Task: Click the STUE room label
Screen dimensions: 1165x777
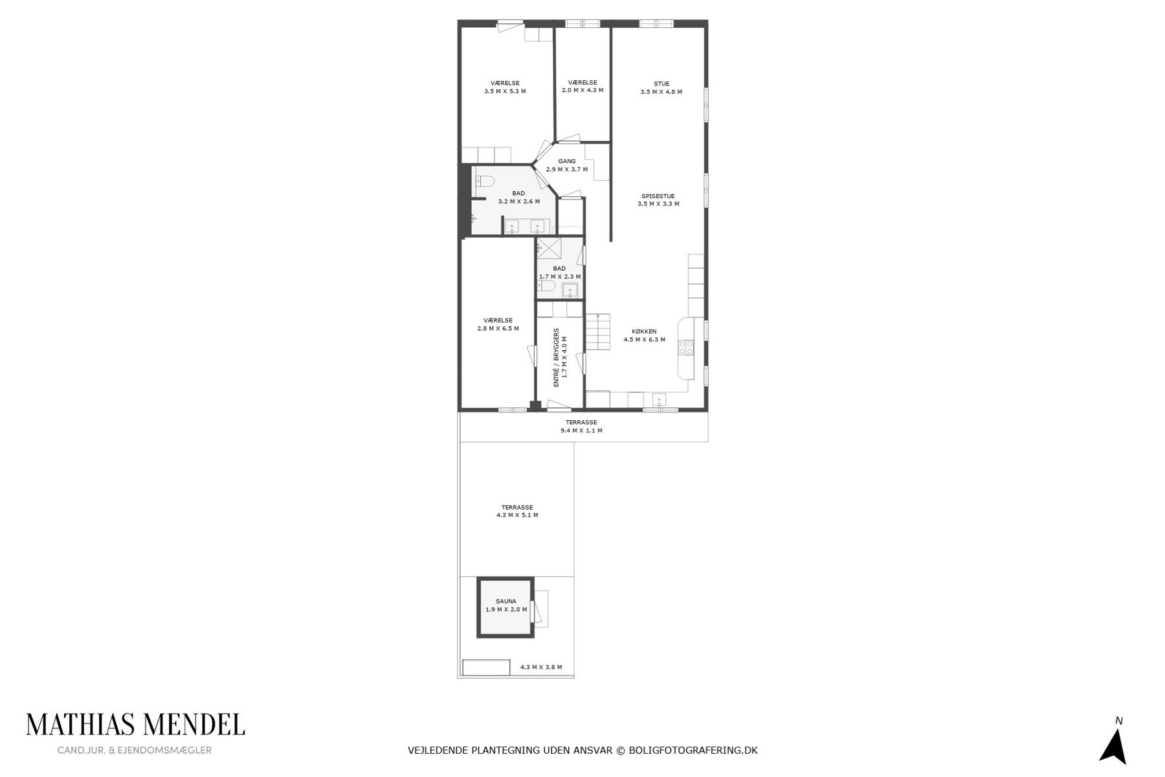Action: tap(661, 84)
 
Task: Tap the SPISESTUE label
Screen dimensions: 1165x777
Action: tap(658, 196)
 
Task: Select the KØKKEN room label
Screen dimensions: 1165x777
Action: tap(644, 332)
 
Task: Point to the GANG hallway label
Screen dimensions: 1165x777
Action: tap(567, 161)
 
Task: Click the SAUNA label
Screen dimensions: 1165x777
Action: tap(506, 602)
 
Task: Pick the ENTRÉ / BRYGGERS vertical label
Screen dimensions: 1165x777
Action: tap(556, 357)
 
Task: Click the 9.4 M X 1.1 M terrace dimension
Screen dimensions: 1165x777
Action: tap(581, 431)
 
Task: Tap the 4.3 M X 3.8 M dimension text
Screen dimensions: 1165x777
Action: tap(541, 667)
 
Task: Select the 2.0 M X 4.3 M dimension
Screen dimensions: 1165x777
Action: tap(582, 91)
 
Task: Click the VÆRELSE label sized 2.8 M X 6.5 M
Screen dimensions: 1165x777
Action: tap(498, 321)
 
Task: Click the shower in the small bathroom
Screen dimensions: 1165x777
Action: tap(549, 249)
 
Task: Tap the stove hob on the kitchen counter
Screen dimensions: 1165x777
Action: tap(686, 347)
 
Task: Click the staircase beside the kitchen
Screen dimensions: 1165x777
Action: tap(599, 331)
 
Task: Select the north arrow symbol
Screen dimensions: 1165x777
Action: tap(1113, 746)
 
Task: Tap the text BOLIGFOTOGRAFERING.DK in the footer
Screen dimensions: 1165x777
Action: tap(693, 750)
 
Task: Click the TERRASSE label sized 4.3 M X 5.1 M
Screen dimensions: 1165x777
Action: tap(517, 508)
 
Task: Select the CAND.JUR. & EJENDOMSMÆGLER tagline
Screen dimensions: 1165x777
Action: tap(135, 750)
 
